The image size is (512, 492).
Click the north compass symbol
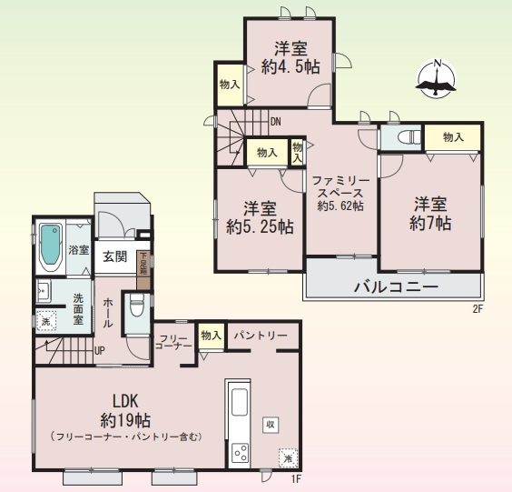pyautogui.click(x=437, y=80)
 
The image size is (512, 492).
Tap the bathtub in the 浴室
pyautogui.click(x=51, y=247)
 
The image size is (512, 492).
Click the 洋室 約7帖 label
pyautogui.click(x=429, y=213)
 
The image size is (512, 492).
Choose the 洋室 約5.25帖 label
pyautogui.click(x=260, y=217)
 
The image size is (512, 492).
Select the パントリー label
pyautogui.click(x=261, y=336)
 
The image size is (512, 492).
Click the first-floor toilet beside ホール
pyautogui.click(x=137, y=306)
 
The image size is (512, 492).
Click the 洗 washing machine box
pyautogui.click(x=44, y=320)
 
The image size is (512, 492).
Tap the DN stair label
pyautogui.click(x=275, y=121)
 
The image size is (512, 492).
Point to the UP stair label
pyautogui.click(x=99, y=350)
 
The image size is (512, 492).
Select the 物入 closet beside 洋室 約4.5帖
pyautogui.click(x=230, y=85)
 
